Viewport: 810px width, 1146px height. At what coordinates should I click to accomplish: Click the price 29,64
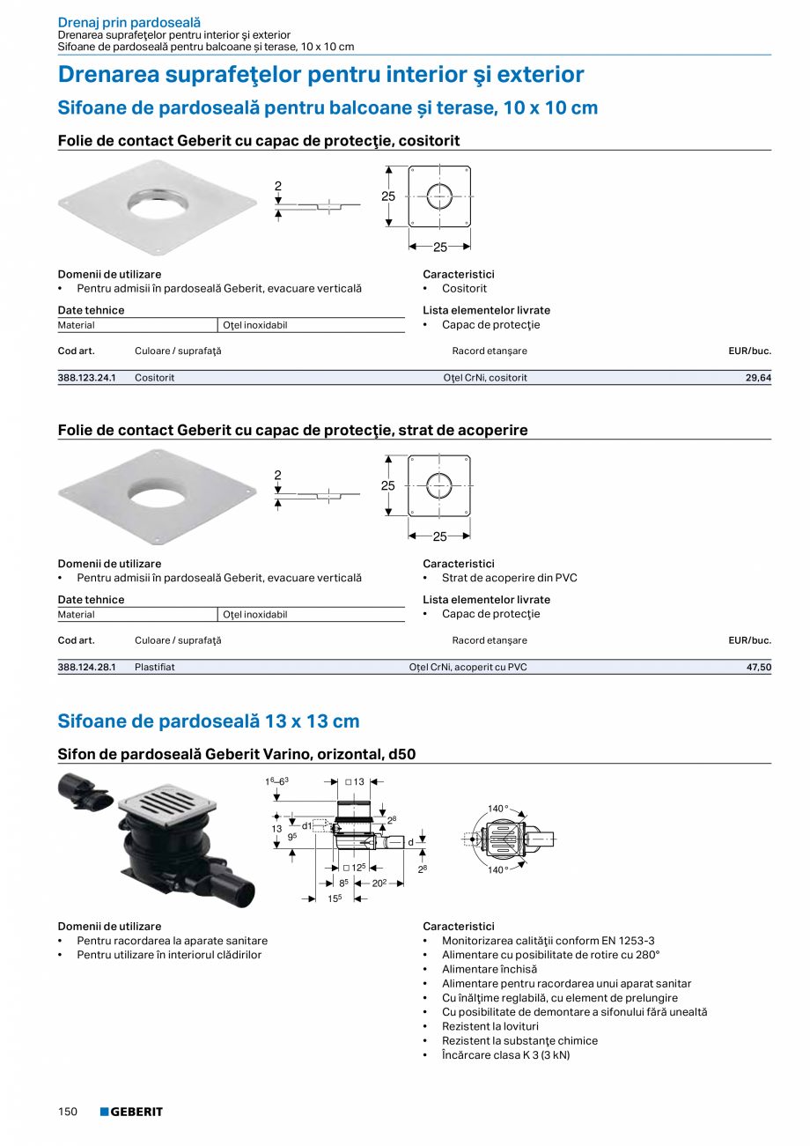757,378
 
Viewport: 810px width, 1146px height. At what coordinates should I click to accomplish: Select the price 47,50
757,668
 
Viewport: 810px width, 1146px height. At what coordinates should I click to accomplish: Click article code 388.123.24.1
87,378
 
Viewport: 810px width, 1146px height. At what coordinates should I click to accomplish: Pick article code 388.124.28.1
87,668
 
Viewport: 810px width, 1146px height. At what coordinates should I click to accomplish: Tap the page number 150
68,1112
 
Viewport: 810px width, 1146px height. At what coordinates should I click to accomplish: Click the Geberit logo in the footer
131,1112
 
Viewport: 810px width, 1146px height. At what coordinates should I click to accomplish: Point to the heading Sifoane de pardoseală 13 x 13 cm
209,721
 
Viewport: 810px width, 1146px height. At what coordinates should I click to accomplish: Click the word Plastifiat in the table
155,668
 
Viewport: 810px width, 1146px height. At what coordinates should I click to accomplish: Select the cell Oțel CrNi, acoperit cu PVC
468,668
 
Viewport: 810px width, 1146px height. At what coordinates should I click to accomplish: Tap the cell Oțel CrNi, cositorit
485,378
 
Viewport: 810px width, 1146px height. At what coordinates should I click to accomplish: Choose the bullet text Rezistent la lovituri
490,1026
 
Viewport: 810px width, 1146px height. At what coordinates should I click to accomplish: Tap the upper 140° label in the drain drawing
498,809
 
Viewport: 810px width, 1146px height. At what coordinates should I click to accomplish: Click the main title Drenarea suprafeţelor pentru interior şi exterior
320,75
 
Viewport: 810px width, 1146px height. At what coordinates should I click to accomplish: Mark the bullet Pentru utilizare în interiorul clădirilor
169,955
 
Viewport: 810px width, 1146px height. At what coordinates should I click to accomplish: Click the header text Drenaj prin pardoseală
129,22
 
